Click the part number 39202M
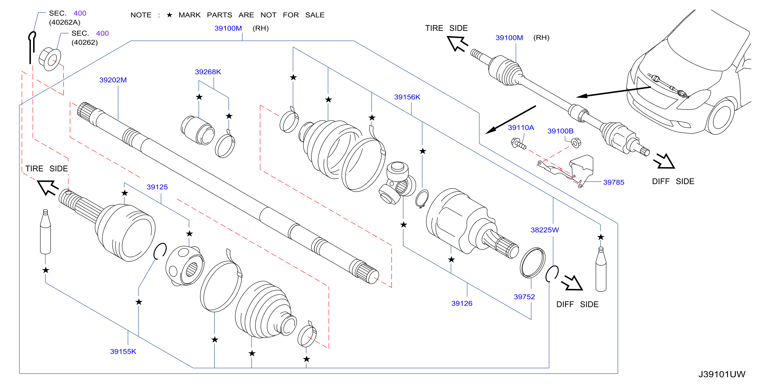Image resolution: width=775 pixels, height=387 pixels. [x=113, y=80]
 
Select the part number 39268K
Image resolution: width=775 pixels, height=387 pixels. [x=208, y=72]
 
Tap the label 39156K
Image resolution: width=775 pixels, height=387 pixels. [x=407, y=97]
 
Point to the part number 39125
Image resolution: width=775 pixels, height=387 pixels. [x=157, y=187]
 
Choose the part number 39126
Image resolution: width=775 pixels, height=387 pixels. [x=462, y=303]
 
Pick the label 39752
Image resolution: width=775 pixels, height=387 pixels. [x=524, y=297]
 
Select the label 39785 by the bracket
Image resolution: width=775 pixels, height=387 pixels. [x=614, y=182]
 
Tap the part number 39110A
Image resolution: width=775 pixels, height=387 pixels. [x=521, y=128]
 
